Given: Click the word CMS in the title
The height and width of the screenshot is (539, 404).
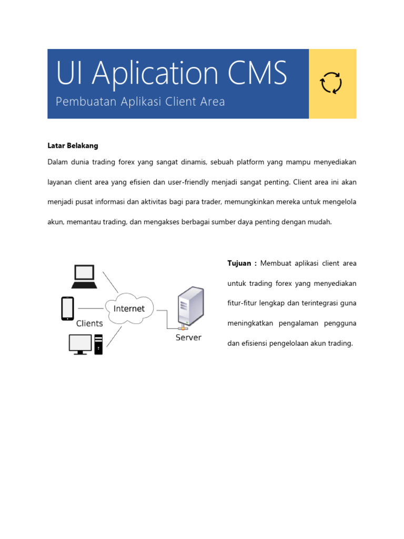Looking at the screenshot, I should pos(257,74).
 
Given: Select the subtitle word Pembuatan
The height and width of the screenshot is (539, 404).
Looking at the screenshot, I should pos(81,102).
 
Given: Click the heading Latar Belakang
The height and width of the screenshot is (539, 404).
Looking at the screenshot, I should pos(73,145).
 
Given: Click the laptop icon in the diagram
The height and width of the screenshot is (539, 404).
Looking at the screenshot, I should pos(84,276).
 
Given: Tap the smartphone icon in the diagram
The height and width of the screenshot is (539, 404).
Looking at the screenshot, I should pos(67,308).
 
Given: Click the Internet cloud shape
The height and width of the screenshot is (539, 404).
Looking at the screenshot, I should pos(129,308).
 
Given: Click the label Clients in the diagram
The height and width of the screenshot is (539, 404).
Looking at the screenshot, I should pos(89,323).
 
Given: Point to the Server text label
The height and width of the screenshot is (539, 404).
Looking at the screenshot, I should pos(188,337).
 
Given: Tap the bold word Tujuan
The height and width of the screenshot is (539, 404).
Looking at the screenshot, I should pos(239,263).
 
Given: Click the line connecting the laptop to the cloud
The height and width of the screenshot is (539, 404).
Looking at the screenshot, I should pos(110,282).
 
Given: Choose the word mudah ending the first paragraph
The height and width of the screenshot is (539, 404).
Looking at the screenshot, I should pos(320,222).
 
